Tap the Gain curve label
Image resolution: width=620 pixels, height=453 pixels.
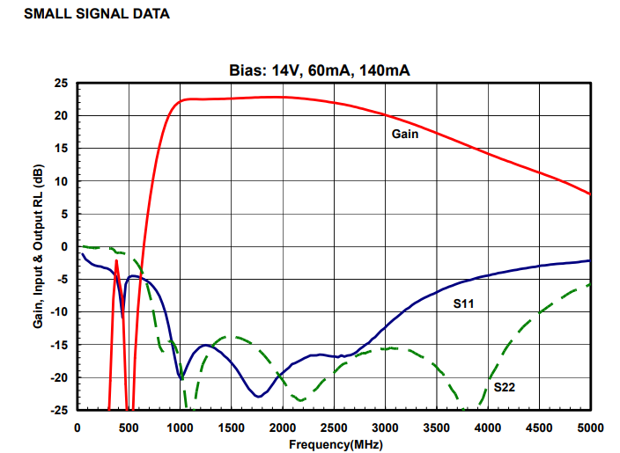coord(404,135)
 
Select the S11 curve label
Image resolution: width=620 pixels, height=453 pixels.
coord(464,303)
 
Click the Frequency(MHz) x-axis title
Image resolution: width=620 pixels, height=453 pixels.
coord(335,444)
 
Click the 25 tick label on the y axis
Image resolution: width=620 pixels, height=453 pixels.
coord(61,84)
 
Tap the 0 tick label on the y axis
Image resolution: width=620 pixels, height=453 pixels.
coord(64,247)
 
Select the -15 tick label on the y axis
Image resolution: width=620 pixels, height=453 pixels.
coord(59,345)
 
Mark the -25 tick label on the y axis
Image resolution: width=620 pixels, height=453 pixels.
coord(59,410)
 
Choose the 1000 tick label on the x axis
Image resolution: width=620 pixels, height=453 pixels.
coord(180,427)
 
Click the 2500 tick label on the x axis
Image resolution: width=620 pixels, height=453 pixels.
coord(334,427)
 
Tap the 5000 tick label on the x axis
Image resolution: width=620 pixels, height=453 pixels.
coord(589,427)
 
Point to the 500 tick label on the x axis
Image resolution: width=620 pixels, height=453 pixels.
coord(129,427)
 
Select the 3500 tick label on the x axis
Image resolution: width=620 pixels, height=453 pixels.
coord(437,427)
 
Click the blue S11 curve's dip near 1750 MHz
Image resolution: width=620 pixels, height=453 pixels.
coord(258,396)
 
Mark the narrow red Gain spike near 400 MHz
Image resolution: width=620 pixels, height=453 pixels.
coord(116,262)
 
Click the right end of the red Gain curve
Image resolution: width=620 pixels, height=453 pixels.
coord(589,194)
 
